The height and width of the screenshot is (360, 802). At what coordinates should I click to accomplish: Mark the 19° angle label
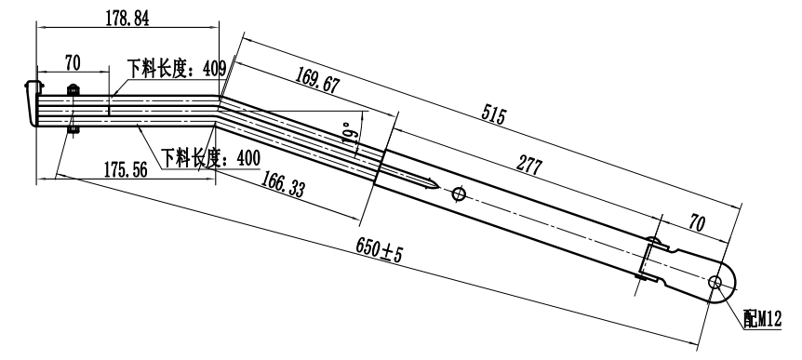[350, 133]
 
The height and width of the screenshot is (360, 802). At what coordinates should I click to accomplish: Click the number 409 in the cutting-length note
[214, 68]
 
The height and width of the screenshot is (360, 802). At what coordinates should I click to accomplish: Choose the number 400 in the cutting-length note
[247, 158]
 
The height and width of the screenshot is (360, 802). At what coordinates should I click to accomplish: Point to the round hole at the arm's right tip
[717, 282]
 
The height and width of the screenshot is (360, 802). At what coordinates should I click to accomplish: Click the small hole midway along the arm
[458, 195]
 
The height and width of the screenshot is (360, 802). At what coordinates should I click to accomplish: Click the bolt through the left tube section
[71, 108]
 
